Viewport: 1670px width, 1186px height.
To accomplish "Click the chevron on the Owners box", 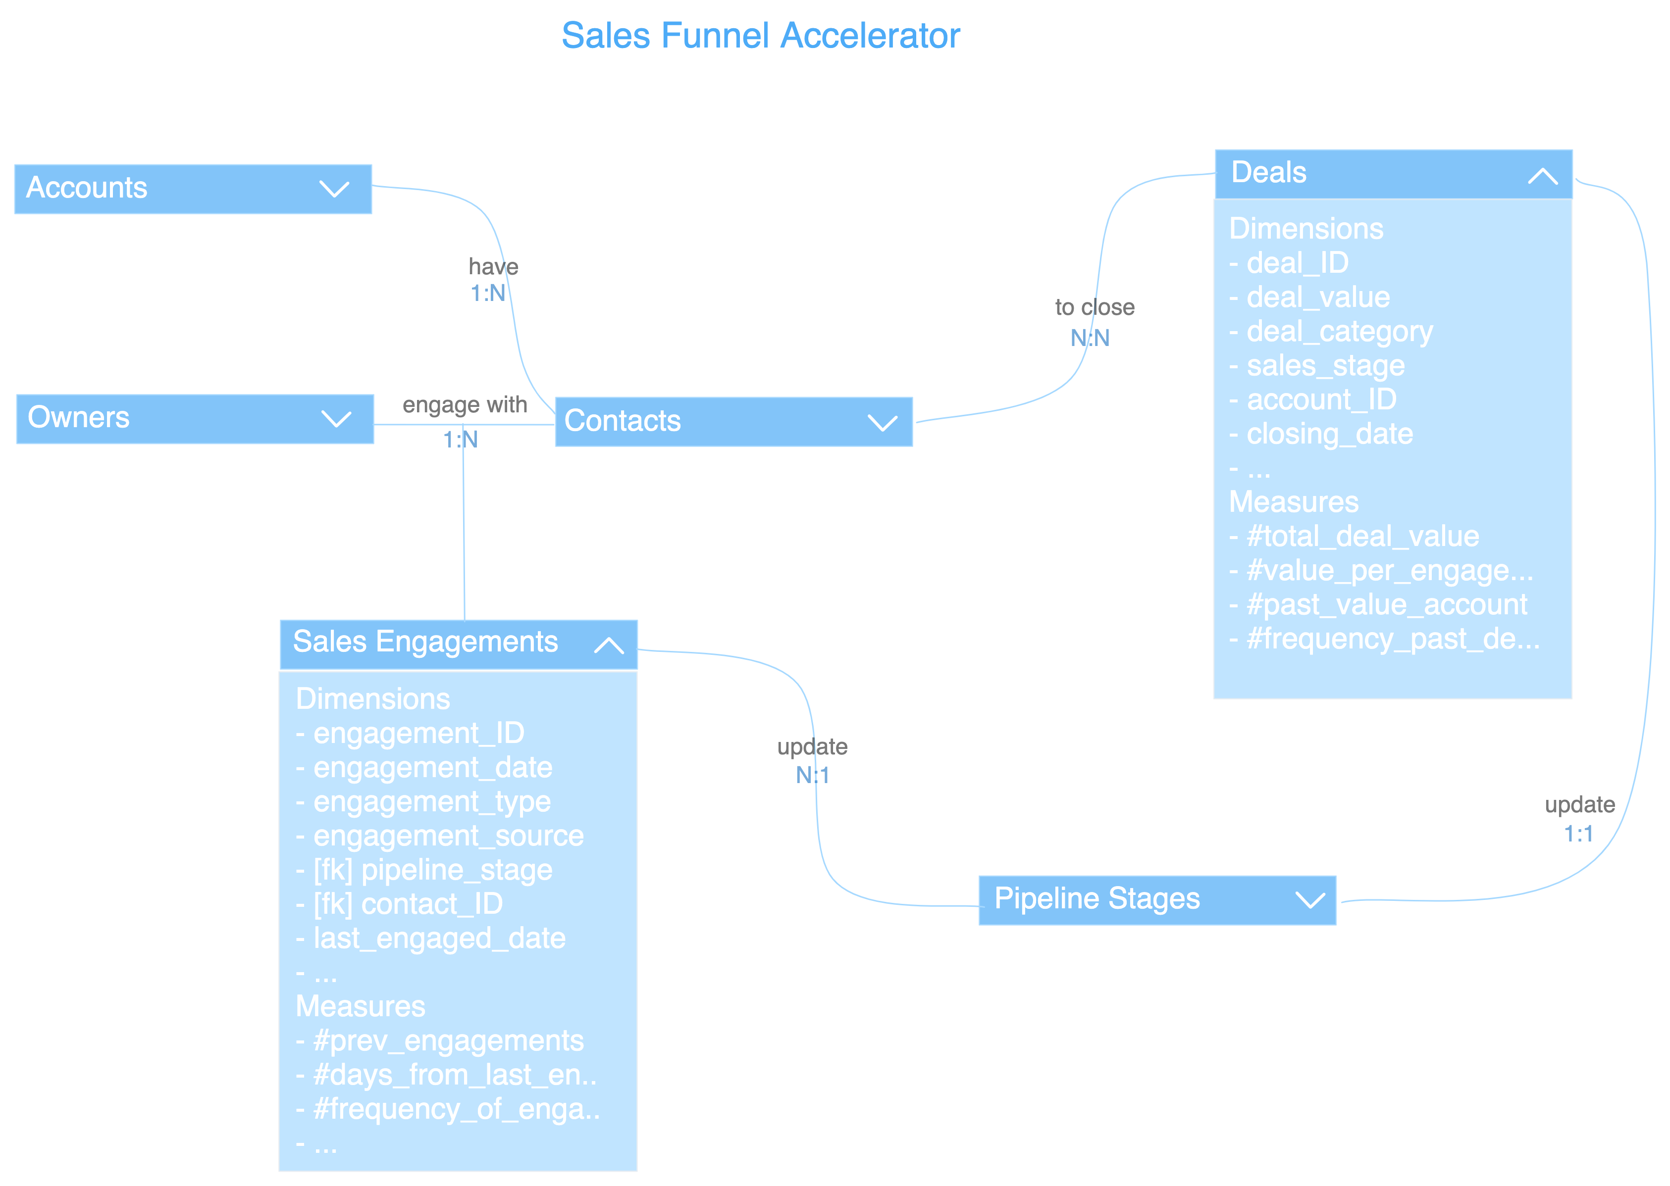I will pos(336,419).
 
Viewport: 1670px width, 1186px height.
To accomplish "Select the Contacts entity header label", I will pos(623,421).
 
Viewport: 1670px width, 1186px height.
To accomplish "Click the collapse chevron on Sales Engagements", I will pos(609,645).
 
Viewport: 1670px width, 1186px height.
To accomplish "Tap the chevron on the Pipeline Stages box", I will pos(1310,900).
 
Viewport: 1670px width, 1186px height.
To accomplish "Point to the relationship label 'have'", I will pos(493,267).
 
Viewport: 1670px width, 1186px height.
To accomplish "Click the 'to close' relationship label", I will pos(1095,307).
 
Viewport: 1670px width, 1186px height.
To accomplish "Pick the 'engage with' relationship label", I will pos(465,404).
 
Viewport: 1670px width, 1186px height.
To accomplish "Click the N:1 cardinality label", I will pos(812,775).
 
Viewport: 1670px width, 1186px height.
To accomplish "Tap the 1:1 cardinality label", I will pos(1578,833).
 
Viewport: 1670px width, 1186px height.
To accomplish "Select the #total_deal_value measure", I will pos(1362,537).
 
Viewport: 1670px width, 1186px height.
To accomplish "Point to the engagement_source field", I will pos(448,836).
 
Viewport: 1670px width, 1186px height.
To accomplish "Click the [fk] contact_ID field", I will pos(407,904).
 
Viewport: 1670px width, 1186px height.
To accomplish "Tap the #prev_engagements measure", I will pos(448,1040).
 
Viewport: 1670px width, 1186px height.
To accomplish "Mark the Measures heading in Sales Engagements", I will pos(360,1006).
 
